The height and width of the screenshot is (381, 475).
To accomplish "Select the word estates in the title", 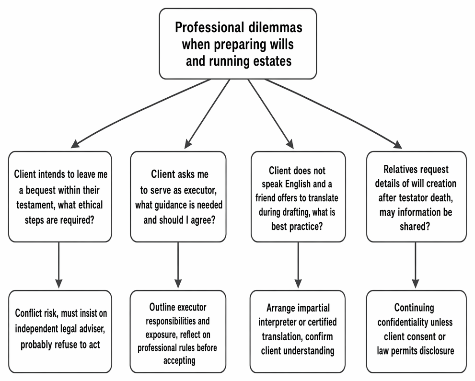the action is [272, 61].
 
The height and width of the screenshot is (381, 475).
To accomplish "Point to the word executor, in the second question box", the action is [199, 190].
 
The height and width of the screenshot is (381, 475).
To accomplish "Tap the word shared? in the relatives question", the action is [415, 226].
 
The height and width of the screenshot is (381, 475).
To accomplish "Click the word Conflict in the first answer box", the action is [28, 313].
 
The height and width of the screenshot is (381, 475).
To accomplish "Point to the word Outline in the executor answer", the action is [163, 307].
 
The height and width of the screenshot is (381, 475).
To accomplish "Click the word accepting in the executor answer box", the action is [179, 360].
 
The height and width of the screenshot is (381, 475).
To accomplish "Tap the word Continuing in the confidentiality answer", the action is [414, 307].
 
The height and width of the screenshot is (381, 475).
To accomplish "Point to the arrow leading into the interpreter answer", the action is [298, 265].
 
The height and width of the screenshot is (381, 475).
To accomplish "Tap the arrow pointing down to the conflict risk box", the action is [59, 265].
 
